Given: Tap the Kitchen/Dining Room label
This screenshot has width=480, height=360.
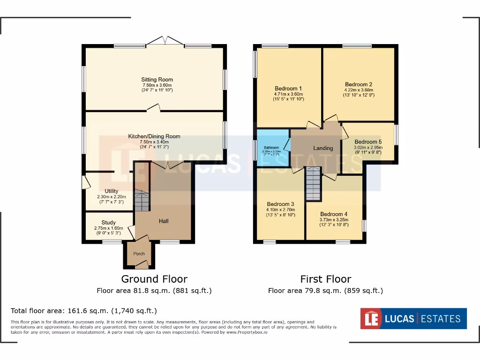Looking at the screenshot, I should (154, 136).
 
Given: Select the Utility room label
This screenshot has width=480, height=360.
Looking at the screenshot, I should (112, 191).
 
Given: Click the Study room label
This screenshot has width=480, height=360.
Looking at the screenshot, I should (112, 223).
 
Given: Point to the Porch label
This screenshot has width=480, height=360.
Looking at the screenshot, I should (139, 254).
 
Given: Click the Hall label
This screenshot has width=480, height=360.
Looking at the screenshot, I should (164, 221).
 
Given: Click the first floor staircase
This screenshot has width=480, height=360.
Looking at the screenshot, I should (312, 184).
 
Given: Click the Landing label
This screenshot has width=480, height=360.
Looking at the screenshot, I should (323, 148).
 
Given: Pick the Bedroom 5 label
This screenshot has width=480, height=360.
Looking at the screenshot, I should (368, 142).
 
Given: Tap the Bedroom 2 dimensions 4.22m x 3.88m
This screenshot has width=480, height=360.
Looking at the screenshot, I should (359, 90).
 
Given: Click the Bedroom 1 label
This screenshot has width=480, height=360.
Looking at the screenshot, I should (288, 89).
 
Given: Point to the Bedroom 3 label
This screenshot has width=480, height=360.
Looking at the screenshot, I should (281, 204).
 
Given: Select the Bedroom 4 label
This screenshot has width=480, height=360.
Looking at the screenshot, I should (334, 214).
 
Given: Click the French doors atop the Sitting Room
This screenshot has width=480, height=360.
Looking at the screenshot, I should (165, 42).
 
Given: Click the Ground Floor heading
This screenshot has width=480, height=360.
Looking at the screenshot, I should (154, 279).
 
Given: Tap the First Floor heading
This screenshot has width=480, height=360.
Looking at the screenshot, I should (325, 279).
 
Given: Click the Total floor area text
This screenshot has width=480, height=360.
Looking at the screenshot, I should (84, 310).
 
